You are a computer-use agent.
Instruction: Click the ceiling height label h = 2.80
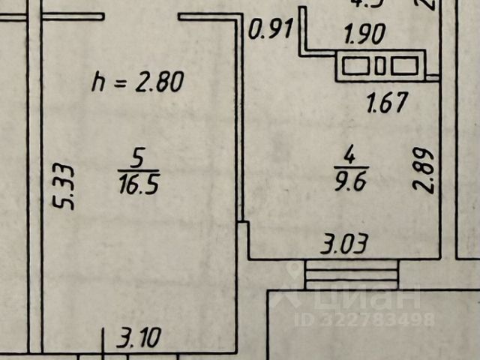(136, 81)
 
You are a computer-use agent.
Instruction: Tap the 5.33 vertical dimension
(66, 187)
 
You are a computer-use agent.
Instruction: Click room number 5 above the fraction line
(137, 158)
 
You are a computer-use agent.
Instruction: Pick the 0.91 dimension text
(271, 31)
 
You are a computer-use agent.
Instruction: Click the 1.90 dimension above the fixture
(364, 34)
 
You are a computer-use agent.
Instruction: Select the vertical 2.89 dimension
(427, 170)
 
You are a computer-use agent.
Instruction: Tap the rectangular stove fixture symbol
(381, 66)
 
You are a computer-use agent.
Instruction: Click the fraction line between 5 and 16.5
(137, 170)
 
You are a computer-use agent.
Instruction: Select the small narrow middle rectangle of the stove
(380, 66)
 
